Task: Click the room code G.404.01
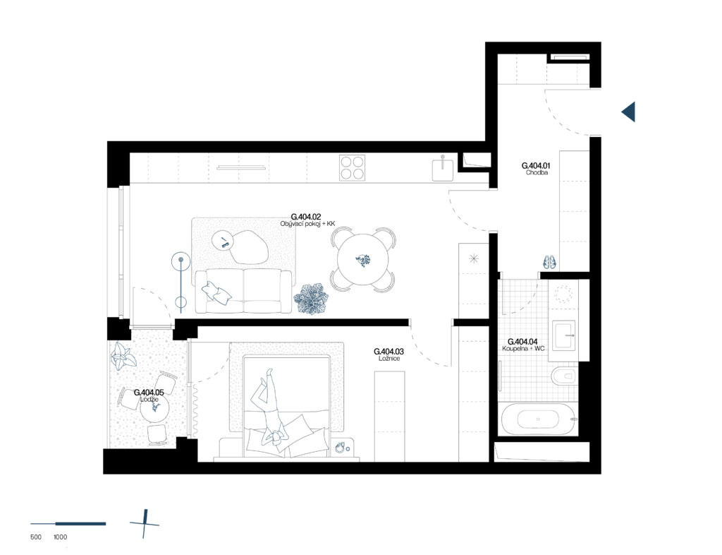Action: click(536, 165)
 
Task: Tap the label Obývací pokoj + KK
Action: click(307, 224)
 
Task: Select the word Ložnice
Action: click(389, 359)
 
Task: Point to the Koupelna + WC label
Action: click(523, 349)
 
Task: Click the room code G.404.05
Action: click(149, 393)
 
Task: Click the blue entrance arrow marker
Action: click(628, 112)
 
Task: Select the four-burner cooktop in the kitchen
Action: click(353, 168)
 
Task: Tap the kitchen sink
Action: click(443, 169)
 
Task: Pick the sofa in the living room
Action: click(243, 291)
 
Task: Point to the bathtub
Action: click(538, 419)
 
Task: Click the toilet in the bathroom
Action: click(563, 376)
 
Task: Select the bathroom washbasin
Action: click(564, 336)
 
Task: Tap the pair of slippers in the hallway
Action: click(549, 262)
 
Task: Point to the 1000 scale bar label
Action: click(61, 537)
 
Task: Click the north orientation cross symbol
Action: click(145, 524)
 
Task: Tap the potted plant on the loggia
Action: click(123, 357)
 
